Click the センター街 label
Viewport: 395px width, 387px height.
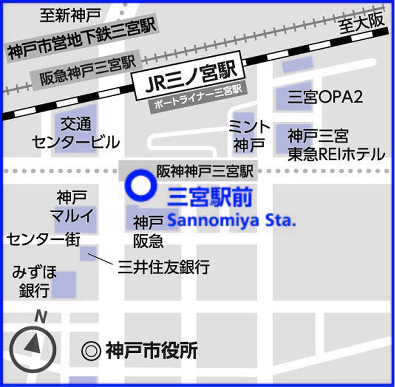44,240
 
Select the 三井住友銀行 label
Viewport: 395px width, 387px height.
164,268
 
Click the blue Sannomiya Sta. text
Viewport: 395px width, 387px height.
232,220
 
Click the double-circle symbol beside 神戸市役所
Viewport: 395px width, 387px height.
90,350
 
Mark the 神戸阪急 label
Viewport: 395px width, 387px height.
148,231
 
